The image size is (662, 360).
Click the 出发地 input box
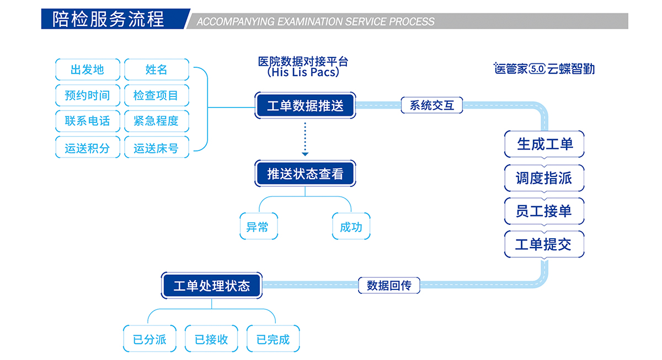[87, 69]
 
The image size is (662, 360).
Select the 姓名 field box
[157, 69]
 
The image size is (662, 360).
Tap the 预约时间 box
[87, 95]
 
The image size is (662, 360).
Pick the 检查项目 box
[157, 95]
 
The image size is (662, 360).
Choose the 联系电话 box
[87, 121]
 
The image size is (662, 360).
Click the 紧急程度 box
[157, 121]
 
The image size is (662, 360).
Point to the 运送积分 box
[87, 148]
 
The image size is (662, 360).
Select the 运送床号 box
[157, 148]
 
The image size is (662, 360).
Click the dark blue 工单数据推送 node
[305, 105]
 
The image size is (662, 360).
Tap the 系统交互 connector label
[431, 105]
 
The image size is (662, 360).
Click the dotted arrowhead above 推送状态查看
[305, 153]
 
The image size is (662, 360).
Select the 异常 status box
[258, 227]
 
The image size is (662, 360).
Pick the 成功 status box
[351, 227]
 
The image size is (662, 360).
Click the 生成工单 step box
[544, 144]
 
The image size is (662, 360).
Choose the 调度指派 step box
[544, 178]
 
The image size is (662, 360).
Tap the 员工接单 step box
[544, 211]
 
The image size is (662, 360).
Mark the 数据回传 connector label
[389, 286]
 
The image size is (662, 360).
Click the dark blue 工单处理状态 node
[212, 286]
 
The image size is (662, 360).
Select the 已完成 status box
[273, 339]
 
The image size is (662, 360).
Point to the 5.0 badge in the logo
[537, 69]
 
